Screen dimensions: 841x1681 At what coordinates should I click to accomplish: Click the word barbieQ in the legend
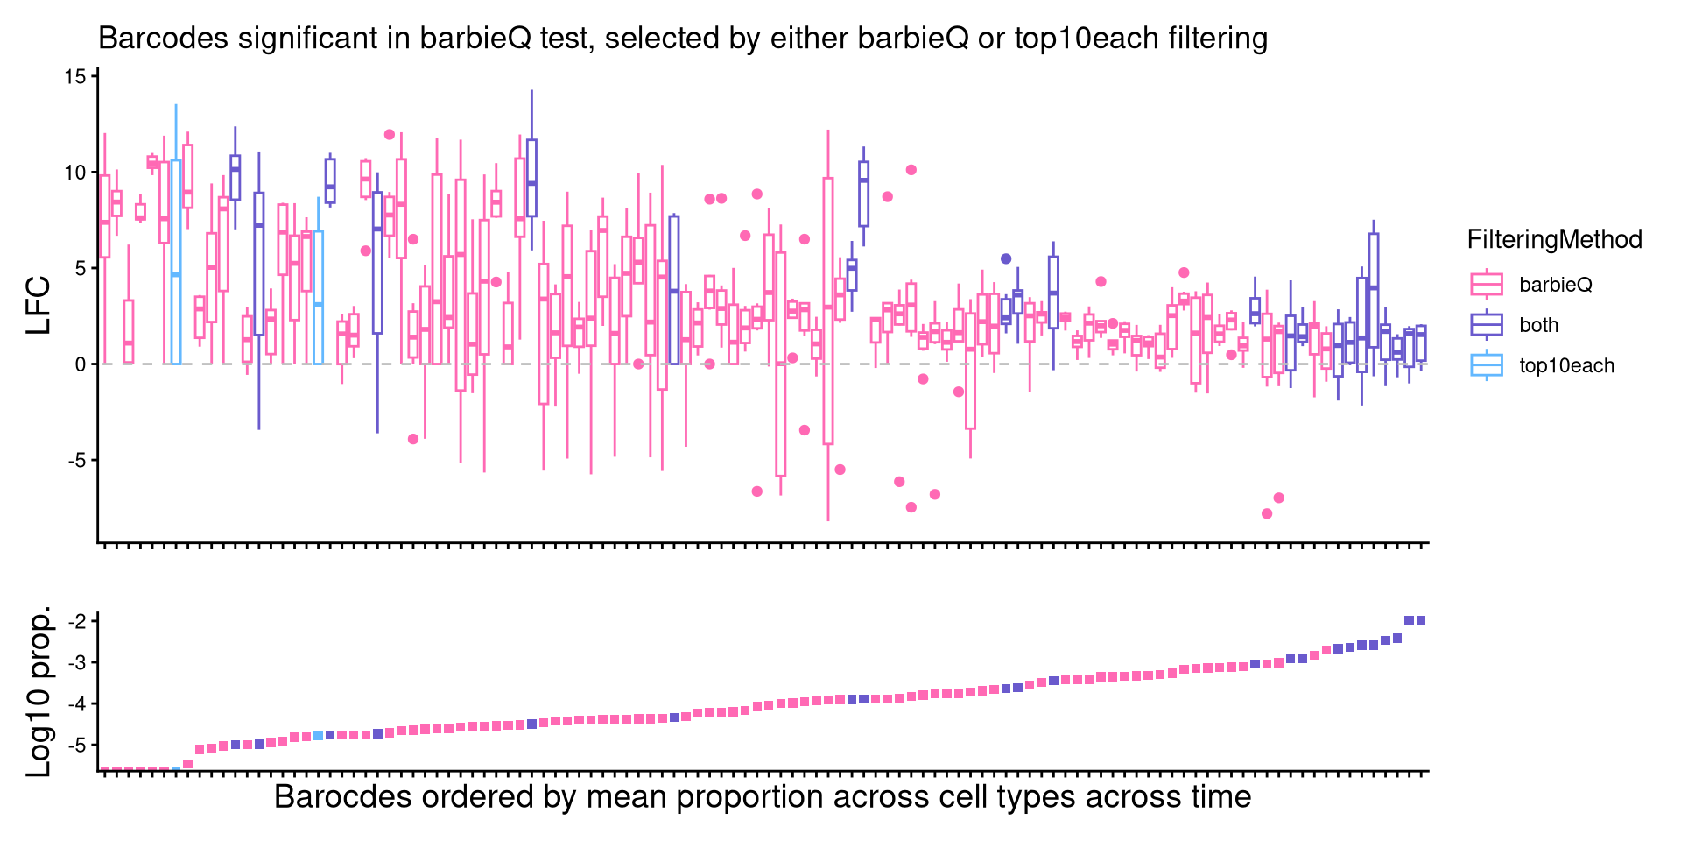[1556, 285]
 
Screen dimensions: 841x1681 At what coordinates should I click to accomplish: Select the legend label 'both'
[1538, 325]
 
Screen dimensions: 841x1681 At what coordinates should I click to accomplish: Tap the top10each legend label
[1566, 366]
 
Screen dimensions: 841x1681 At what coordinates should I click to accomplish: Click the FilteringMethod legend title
[1554, 240]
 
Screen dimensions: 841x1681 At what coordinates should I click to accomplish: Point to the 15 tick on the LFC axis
[76, 77]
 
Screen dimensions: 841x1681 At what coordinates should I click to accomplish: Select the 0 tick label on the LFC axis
[81, 364]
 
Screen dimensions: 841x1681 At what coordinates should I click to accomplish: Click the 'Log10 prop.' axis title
[39, 692]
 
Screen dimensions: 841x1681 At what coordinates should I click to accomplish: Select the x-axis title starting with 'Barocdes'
[763, 797]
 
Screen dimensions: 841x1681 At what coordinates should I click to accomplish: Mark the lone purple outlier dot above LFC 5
[1006, 258]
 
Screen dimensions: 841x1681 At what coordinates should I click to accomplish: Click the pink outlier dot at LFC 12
[390, 134]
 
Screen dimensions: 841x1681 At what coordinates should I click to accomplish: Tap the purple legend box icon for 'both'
[1487, 325]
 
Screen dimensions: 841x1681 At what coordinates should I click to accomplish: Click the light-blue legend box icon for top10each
[1487, 366]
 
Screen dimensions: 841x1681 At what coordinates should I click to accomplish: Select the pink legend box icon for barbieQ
[1487, 285]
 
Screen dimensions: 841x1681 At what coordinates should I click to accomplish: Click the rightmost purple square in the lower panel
[1421, 620]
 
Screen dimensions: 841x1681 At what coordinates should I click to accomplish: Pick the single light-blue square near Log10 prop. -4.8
[319, 736]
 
